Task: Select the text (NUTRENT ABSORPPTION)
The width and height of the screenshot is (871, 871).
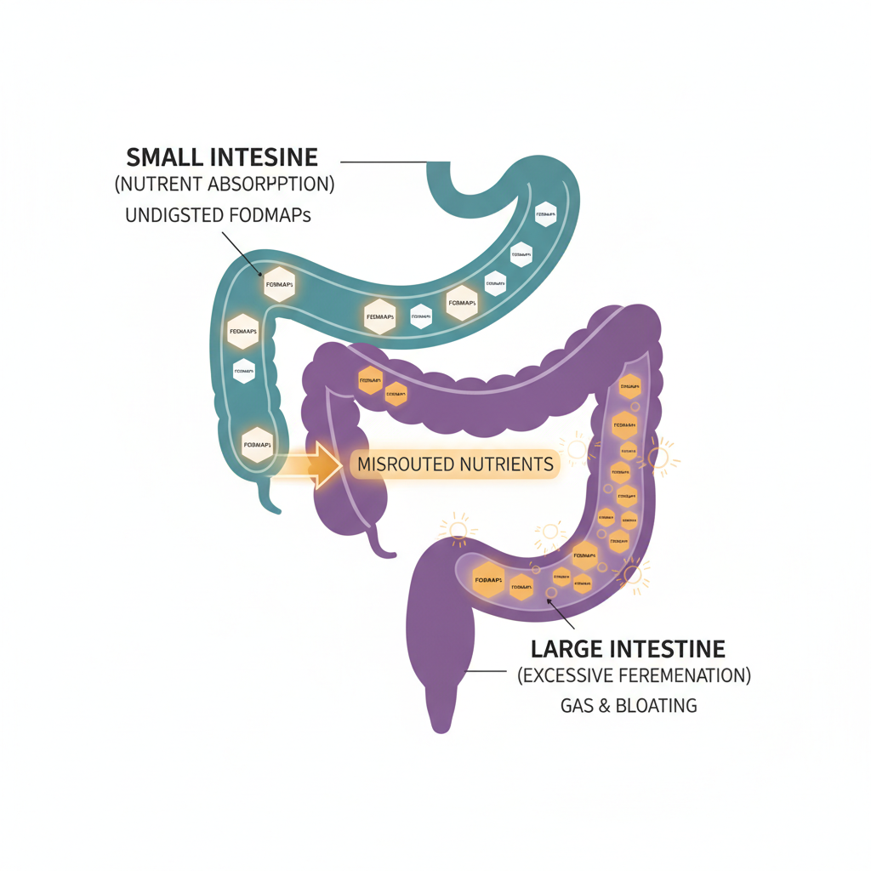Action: pos(224,183)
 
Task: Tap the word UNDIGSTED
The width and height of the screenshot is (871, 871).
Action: pos(174,216)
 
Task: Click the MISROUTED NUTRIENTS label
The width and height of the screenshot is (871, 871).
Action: pos(455,464)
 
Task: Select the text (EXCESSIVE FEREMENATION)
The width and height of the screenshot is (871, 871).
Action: pos(634,677)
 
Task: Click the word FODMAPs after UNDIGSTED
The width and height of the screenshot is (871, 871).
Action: pos(270,216)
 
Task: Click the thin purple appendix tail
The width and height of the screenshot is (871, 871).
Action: pos(384,548)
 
